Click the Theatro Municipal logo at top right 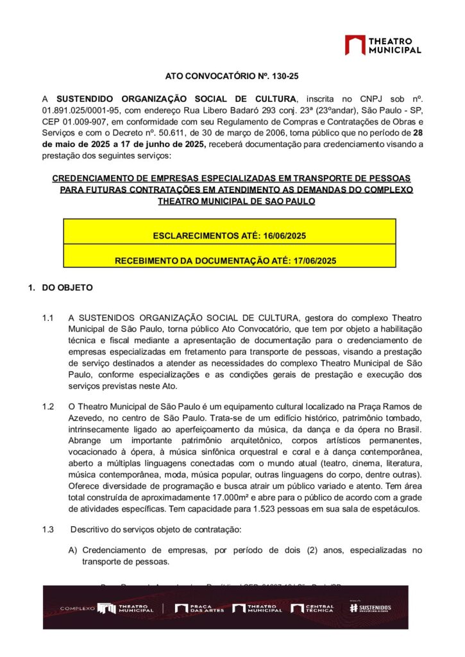click(x=383, y=45)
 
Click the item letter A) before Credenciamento click(x=73, y=550)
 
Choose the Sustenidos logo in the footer click(x=371, y=608)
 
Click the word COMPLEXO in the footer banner click(x=77, y=608)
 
